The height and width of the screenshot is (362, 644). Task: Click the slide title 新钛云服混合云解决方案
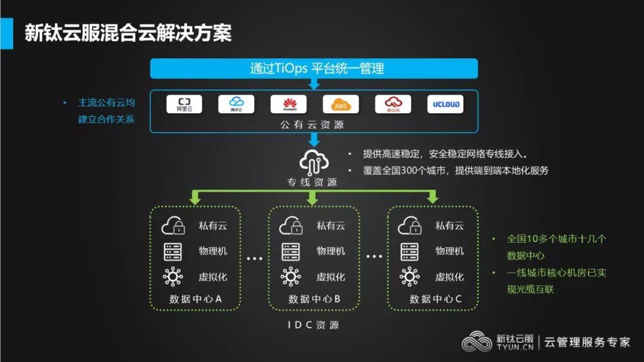point(128,32)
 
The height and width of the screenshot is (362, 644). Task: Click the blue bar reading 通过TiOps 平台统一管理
point(314,68)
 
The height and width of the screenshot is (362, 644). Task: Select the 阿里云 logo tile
point(184,104)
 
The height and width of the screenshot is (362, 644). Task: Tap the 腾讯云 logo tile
point(236,104)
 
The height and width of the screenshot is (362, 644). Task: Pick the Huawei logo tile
point(289,104)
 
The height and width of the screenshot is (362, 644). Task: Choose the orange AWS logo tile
point(340,104)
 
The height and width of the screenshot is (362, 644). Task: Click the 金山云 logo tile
point(393,104)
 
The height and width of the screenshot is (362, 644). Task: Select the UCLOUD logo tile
point(445,104)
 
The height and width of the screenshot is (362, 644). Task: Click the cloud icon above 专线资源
point(314,161)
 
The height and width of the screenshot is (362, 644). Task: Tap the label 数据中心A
point(196,299)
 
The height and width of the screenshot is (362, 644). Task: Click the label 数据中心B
point(314,299)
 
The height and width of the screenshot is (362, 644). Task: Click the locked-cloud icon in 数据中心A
point(174,226)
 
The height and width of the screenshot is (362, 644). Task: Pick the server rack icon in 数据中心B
point(291,251)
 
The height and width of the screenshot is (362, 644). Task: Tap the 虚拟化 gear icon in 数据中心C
point(410,277)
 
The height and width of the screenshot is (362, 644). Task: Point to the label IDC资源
point(314,325)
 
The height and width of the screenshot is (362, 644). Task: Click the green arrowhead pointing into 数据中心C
point(433,199)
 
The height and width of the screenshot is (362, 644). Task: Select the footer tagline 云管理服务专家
point(587,342)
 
